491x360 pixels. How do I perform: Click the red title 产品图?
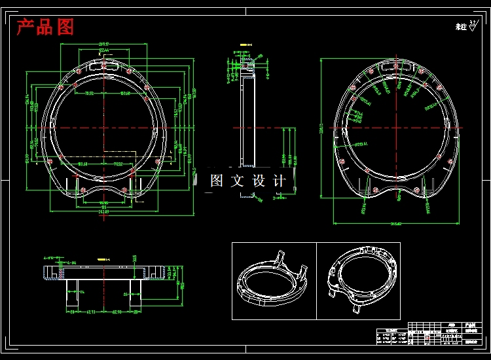point(45,27)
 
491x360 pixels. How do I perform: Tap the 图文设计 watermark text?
point(247,181)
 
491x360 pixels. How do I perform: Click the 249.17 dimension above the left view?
point(103,45)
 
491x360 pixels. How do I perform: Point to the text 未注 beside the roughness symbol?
point(461,27)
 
